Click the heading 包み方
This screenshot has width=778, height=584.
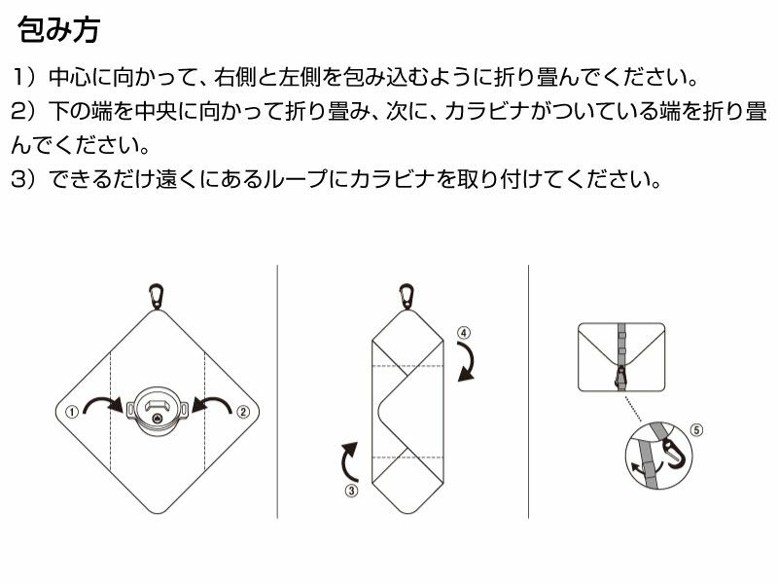point(59,29)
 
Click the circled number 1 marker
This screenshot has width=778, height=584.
point(72,412)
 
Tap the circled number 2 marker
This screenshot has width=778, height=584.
point(242,412)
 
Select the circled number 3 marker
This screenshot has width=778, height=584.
point(351,491)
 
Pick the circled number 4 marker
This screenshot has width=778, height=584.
point(464,333)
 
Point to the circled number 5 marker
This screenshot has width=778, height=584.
point(696,429)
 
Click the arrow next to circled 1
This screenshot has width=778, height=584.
point(102,401)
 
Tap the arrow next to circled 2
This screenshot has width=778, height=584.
point(213,401)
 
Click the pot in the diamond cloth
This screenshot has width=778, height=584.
point(158,410)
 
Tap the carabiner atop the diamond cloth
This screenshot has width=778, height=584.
point(157,297)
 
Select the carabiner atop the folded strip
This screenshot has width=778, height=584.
point(407,297)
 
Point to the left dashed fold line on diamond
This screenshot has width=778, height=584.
point(110,412)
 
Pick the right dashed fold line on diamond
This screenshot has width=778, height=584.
point(204,412)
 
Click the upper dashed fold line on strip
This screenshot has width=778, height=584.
point(407,366)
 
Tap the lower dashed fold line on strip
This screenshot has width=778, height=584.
point(407,456)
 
